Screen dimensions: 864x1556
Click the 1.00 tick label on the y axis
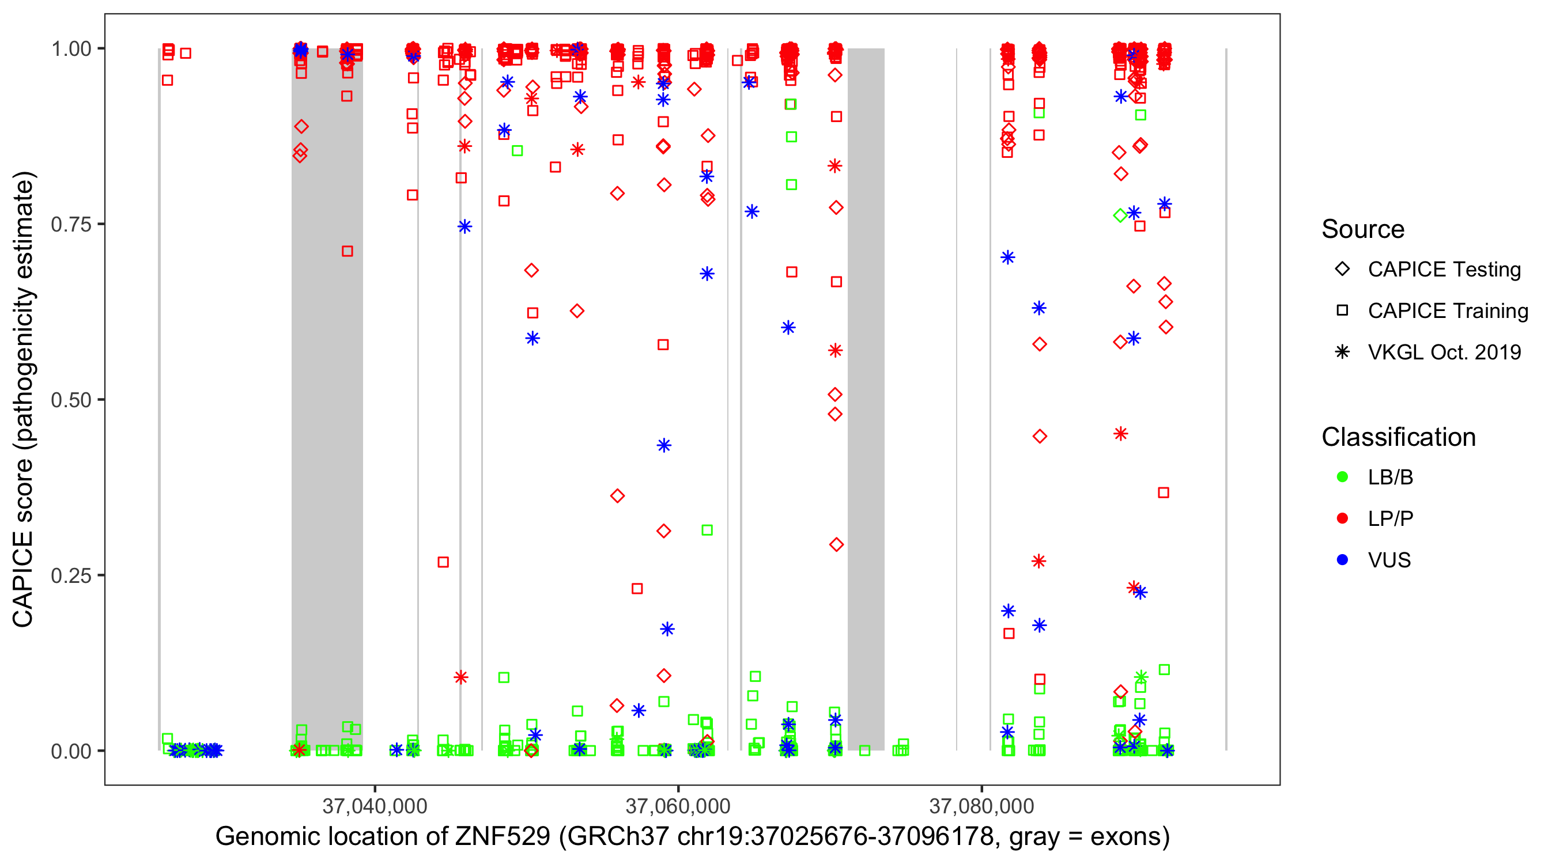(x=71, y=48)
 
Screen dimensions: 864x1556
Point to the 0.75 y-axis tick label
(x=71, y=224)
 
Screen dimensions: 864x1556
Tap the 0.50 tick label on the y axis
(x=71, y=400)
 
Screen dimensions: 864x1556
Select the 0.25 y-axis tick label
(x=71, y=575)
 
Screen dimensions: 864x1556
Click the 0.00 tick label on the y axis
(x=71, y=751)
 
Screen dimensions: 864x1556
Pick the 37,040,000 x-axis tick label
(x=375, y=805)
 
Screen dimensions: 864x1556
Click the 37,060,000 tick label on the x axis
(x=678, y=805)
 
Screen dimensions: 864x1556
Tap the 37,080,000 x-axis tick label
(x=981, y=805)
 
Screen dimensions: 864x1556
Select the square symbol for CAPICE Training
(x=1342, y=311)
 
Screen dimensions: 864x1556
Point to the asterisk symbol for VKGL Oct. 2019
(x=1342, y=352)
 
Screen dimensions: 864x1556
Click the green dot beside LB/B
(x=1342, y=477)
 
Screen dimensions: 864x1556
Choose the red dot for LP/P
(x=1342, y=518)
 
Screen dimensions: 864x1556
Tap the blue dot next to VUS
(x=1342, y=560)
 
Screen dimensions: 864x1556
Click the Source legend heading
(x=1363, y=229)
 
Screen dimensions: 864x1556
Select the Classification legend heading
(x=1398, y=437)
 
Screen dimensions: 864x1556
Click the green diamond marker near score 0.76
(x=1120, y=215)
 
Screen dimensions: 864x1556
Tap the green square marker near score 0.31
(x=707, y=530)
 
